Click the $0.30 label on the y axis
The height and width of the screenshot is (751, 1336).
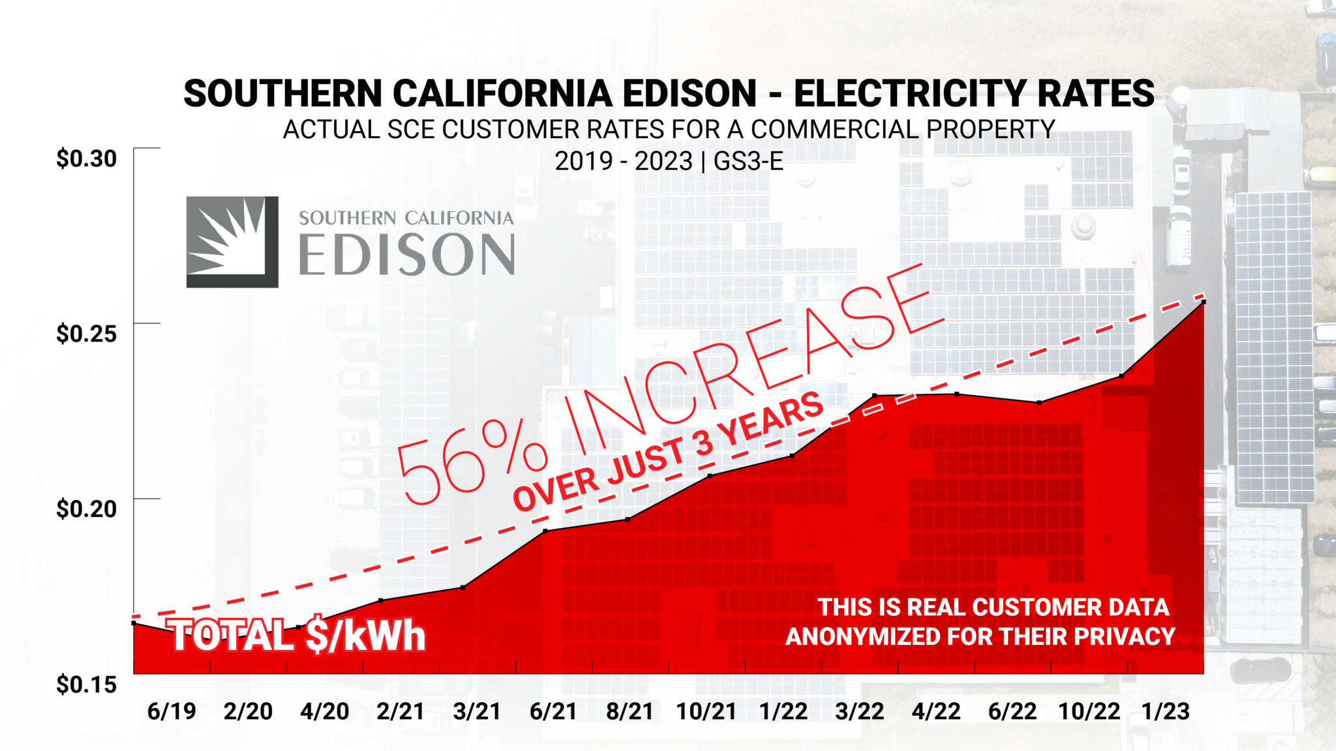(86, 158)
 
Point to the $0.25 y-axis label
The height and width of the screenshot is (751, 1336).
(86, 334)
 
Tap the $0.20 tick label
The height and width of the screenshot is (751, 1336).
(86, 509)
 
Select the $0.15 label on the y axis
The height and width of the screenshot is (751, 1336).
(86, 685)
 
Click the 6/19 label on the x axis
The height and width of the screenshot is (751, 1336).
(172, 711)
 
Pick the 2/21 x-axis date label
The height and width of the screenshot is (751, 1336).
(401, 711)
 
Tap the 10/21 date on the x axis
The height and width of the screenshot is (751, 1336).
(706, 711)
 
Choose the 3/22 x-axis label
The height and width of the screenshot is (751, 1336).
(860, 711)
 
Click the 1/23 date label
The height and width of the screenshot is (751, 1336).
(1166, 711)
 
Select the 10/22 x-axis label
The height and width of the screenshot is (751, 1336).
(1089, 711)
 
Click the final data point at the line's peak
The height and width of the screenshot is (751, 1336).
(1204, 302)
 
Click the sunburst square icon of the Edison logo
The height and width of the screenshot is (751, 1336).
(232, 242)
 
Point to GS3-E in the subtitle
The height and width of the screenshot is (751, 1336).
(748, 161)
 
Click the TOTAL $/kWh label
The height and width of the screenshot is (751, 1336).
(298, 636)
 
